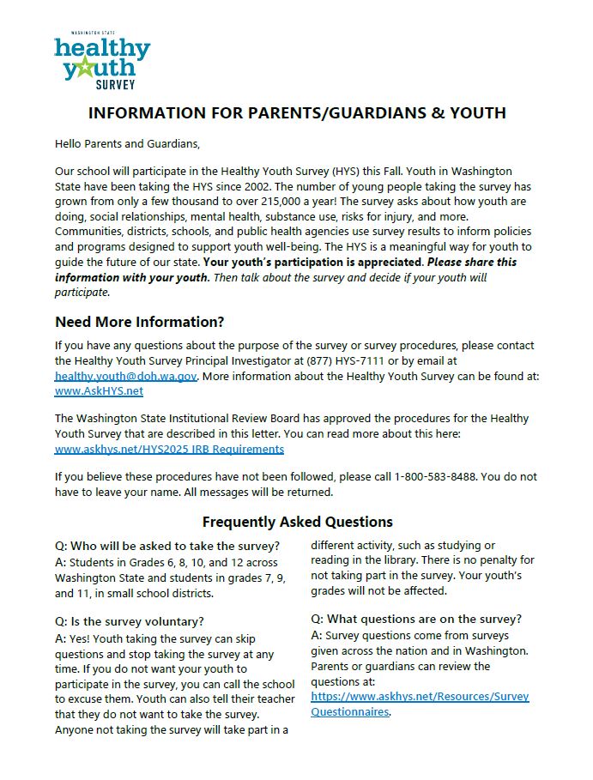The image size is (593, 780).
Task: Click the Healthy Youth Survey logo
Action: pos(101,61)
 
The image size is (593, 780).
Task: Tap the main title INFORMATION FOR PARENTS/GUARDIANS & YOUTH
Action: pos(297,113)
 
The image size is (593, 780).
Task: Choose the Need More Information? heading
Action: pos(139,322)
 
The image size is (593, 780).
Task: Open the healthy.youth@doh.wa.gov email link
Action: pos(126,376)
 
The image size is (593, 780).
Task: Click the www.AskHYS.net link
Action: pos(99,390)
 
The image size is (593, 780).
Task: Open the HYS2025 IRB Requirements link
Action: pos(169,448)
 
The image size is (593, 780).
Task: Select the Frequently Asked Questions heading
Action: pos(297,522)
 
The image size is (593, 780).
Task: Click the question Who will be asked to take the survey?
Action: pos(167,547)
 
